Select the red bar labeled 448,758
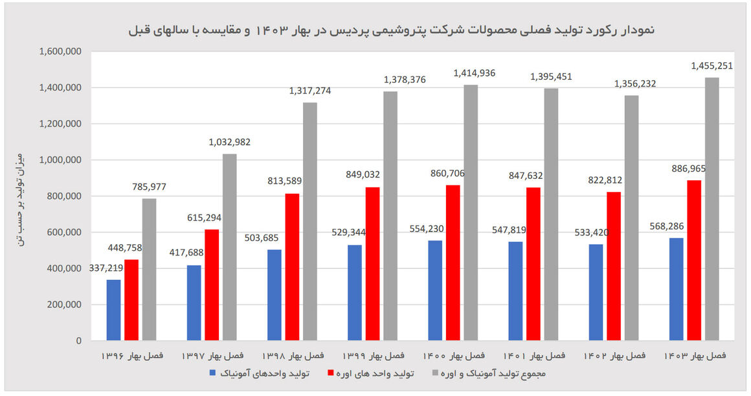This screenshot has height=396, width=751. point(131,299)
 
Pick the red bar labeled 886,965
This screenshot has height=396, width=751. point(694,260)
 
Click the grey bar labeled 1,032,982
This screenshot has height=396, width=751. point(230,247)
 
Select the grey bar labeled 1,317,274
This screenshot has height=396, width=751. point(310,221)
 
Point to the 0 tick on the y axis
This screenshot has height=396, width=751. point(79,341)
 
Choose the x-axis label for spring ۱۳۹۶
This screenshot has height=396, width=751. point(132,356)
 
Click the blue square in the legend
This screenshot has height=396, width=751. point(212,373)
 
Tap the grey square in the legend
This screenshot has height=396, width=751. point(435,373)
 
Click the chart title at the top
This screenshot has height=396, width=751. point(392,30)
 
